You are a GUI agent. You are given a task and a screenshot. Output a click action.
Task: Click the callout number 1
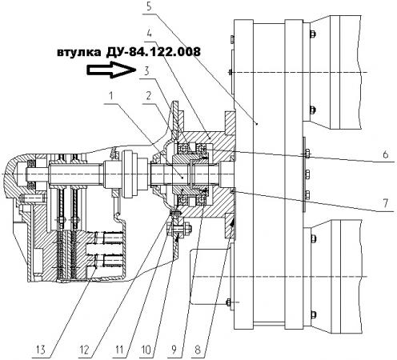coord(111,95)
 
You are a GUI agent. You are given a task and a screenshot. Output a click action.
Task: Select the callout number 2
coord(149,95)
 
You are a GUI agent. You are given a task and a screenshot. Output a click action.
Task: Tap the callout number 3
coord(146,70)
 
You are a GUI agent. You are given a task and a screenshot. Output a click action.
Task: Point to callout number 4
coord(149,34)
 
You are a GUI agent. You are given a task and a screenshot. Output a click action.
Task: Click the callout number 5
coord(149,6)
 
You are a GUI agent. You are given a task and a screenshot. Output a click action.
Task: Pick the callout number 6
coord(385,154)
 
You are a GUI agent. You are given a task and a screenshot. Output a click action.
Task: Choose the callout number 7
coord(385,203)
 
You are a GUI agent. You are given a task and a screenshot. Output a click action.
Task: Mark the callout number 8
coord(198,350)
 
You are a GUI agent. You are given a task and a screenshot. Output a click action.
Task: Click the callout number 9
coord(174,350)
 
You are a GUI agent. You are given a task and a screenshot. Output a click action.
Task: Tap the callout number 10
coord(146,350)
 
